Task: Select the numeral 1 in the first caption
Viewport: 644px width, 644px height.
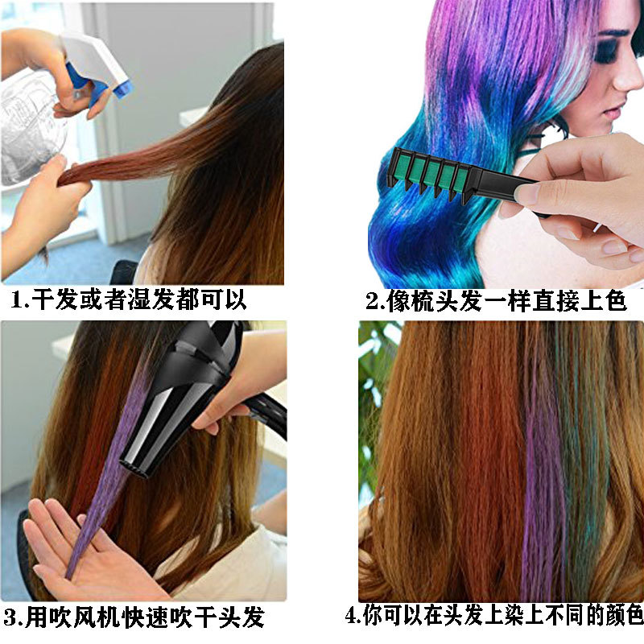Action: [x=18, y=301]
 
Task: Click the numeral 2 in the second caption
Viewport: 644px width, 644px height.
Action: [x=374, y=302]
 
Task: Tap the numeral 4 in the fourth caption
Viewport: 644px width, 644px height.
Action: [x=351, y=617]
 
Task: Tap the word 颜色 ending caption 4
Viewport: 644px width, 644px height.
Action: [x=620, y=617]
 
